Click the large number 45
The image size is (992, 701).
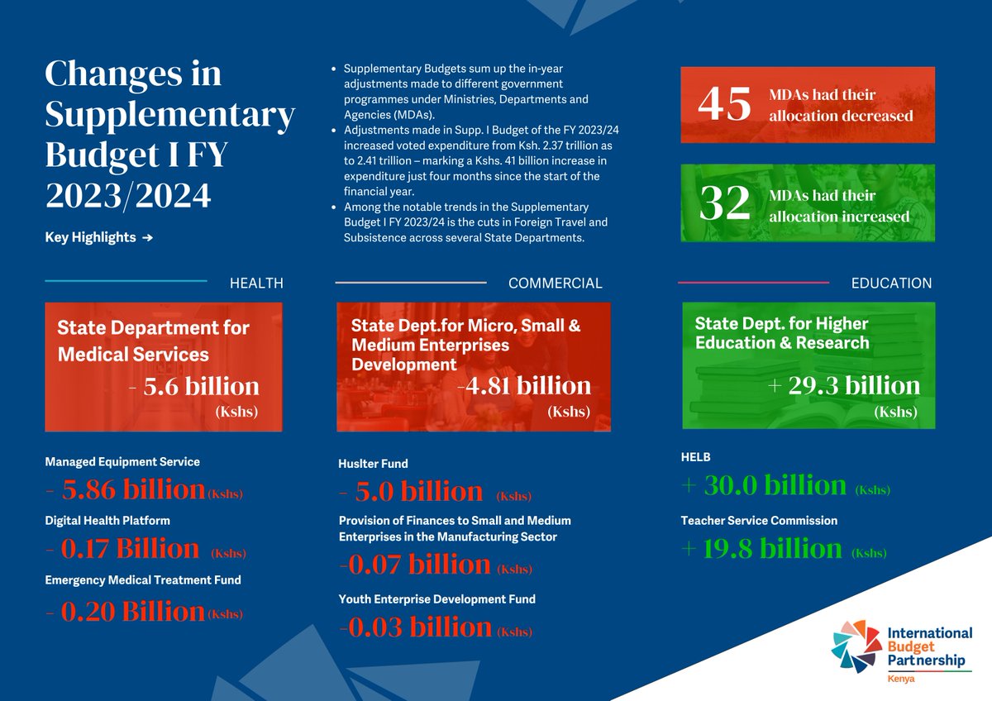724,104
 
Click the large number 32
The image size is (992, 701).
724,206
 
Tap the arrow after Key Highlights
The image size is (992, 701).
147,238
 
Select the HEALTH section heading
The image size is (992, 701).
256,283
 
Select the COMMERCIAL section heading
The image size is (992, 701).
555,283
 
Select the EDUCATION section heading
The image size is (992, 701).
891,283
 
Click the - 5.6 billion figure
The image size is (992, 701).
195,386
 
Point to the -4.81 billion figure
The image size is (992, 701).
524,385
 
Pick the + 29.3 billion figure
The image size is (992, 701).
843,386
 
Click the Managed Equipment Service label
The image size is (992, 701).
122,461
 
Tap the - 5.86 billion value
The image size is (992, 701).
126,490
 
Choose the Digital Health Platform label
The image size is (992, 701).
107,521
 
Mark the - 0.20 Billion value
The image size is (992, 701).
126,611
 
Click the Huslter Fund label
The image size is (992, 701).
373,464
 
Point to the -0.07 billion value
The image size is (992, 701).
415,565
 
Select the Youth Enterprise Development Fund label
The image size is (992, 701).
436,598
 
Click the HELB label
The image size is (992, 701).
695,457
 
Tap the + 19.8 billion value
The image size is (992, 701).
761,549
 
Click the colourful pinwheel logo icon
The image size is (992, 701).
857,646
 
